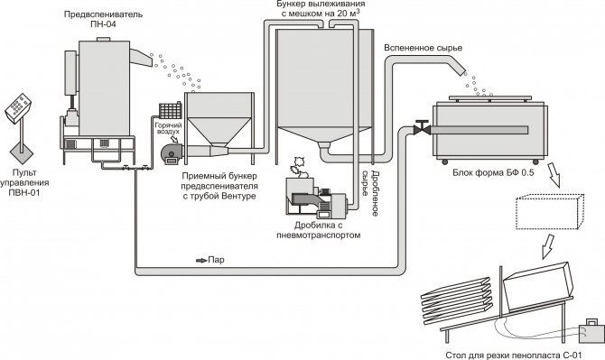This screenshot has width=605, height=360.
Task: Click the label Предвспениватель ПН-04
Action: click(104, 19)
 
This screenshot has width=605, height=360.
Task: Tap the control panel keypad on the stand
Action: click(19, 106)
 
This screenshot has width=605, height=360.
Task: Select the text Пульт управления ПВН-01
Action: click(24, 182)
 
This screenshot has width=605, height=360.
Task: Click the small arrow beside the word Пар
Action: click(201, 260)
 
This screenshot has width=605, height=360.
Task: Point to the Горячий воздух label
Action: click(168, 128)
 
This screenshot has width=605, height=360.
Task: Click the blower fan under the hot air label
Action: click(172, 153)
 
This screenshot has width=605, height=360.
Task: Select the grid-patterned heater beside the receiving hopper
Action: click(170, 110)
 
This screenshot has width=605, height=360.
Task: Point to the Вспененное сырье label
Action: click(423, 48)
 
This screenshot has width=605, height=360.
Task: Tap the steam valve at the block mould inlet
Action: click(422, 128)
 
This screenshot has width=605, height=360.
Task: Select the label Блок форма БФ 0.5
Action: click(493, 172)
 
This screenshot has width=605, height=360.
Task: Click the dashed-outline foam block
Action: click(550, 212)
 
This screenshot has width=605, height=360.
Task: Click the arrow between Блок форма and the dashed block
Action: click(554, 175)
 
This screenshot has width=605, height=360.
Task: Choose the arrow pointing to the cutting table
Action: click(548, 246)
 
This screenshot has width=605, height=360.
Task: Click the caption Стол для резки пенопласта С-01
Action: click(513, 355)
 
